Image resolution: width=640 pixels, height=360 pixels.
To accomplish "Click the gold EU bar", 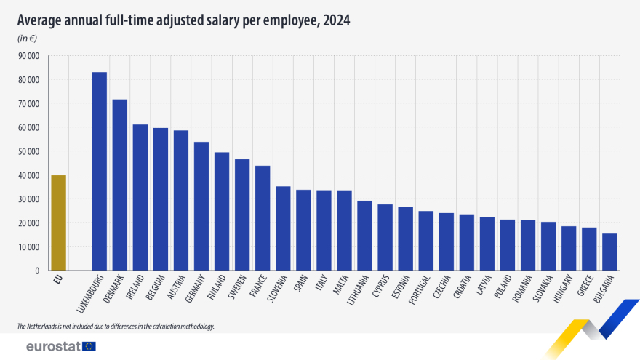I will (58, 223).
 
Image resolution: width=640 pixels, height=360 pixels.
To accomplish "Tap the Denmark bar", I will (119, 185).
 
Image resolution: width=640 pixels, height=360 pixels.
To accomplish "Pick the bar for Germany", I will (201, 206).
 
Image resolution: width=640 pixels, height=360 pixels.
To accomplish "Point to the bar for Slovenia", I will (283, 228).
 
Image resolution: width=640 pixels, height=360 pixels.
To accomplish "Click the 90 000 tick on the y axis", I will (28, 55).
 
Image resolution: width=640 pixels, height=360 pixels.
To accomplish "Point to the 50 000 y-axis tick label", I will (28, 151).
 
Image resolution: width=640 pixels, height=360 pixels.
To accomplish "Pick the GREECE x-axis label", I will (581, 289).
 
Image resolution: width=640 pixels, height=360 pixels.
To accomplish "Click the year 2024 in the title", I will (336, 20).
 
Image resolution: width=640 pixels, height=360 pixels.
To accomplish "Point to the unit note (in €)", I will (28, 38).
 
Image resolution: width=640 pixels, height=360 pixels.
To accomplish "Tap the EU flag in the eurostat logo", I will (89, 346).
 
